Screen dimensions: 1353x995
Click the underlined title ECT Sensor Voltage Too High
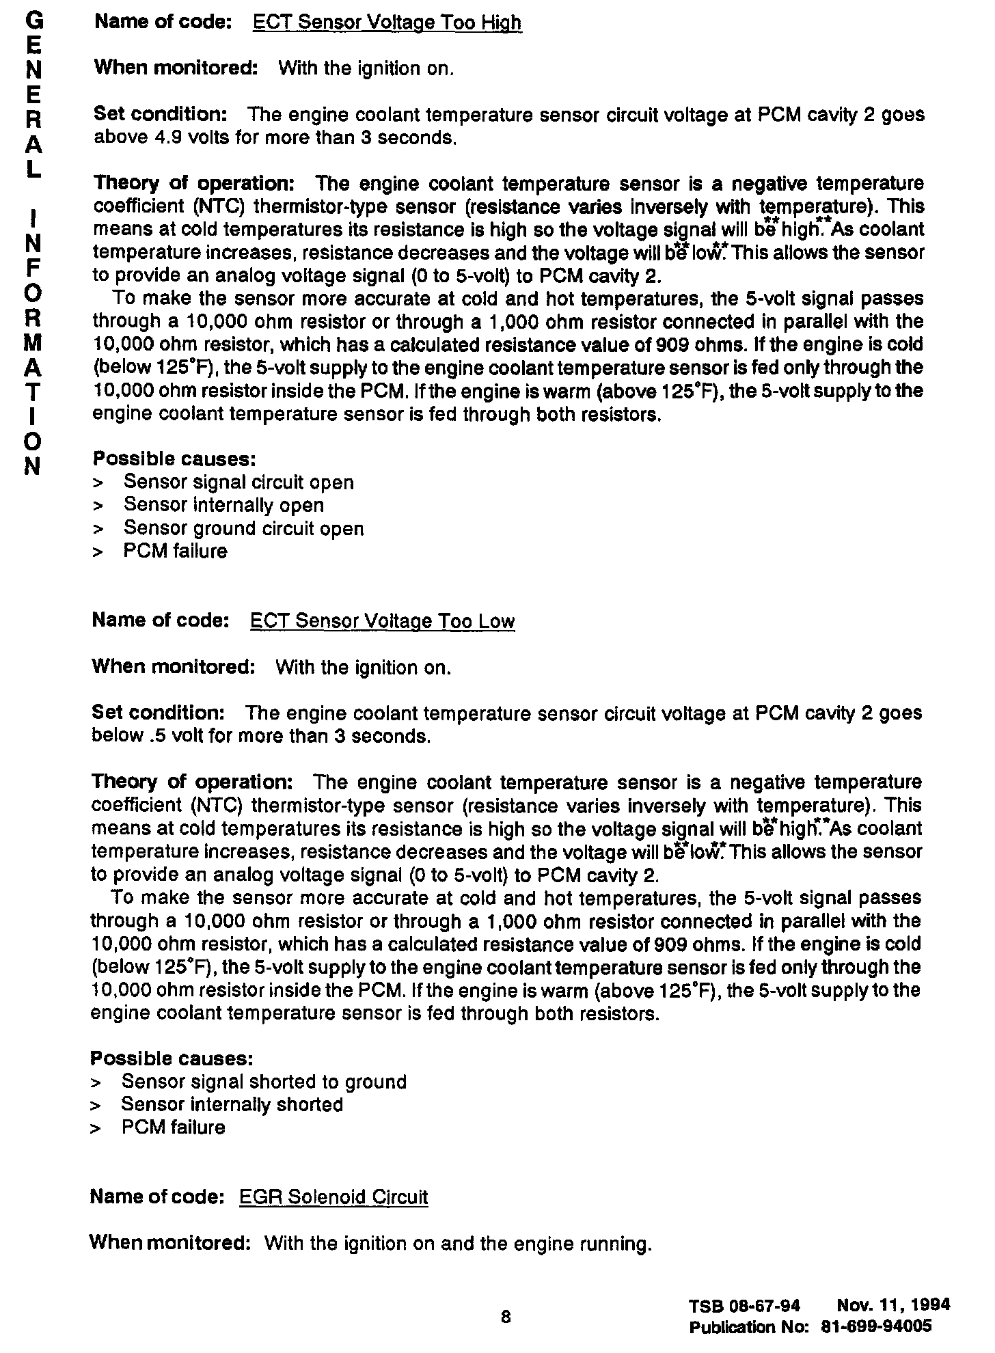pos(387,23)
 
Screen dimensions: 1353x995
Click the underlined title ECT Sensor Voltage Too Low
pos(383,621)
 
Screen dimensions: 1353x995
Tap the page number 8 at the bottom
pos(506,1317)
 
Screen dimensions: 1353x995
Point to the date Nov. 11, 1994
pos(893,1304)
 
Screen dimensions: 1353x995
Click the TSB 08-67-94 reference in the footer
pos(744,1306)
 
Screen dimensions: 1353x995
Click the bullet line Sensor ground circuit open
pos(243,528)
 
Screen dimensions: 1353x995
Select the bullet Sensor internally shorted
pos(232,1104)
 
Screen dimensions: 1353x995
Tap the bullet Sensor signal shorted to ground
pos(264,1082)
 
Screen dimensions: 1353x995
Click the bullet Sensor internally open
pos(223,505)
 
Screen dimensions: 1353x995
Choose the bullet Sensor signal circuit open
pos(238,482)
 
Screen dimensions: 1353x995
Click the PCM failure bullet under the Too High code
pos(175,551)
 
